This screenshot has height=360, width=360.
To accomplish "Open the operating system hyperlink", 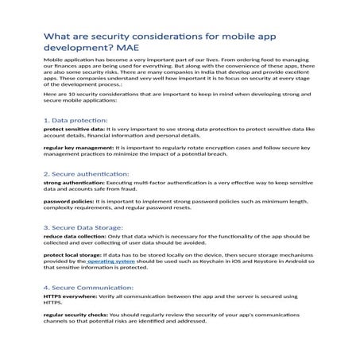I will click(112, 261).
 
